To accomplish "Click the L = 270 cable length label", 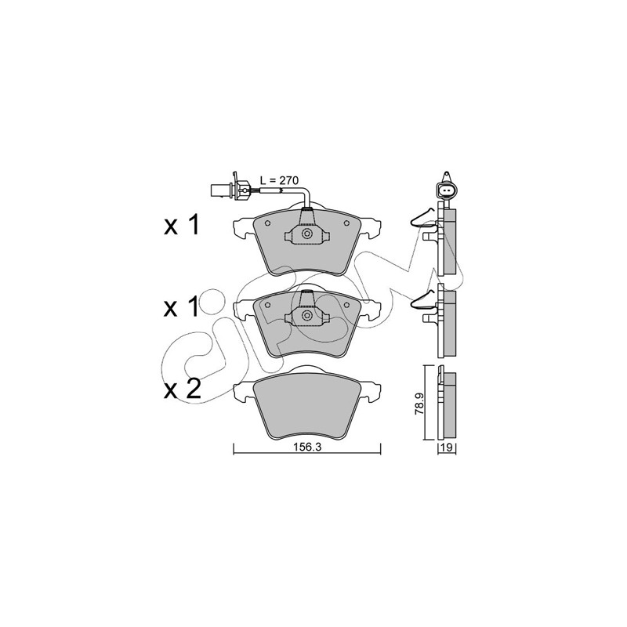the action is pyautogui.click(x=279, y=181).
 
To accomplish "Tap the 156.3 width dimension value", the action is pyautogui.click(x=307, y=448).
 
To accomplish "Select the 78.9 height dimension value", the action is pyautogui.click(x=419, y=403).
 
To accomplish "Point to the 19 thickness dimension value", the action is pyautogui.click(x=447, y=448).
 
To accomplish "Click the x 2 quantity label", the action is pyautogui.click(x=182, y=389).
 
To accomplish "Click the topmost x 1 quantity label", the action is pyautogui.click(x=181, y=226).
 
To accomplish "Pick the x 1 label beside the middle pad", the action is pyautogui.click(x=181, y=307).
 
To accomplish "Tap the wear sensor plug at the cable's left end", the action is pyautogui.click(x=230, y=188).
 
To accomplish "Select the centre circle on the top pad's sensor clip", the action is pyautogui.click(x=307, y=234).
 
